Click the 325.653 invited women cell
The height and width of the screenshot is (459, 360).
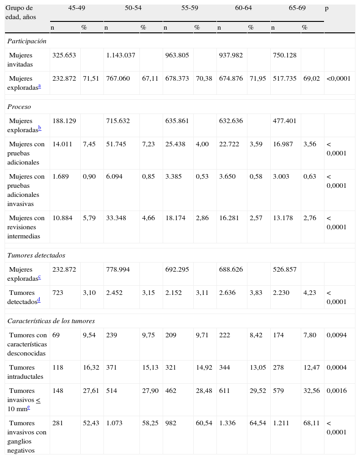coord(64,55)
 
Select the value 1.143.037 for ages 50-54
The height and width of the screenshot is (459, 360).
coord(121,55)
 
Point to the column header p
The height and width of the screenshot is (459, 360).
coord(327,8)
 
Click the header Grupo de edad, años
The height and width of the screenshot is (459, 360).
coord(19,12)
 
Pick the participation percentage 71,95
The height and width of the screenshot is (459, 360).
coord(257,78)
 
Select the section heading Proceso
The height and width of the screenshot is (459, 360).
coord(19,107)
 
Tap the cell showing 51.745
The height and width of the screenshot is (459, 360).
coord(116,144)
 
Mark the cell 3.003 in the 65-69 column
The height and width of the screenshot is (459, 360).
coord(282,176)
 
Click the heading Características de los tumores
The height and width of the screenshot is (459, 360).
coord(51,321)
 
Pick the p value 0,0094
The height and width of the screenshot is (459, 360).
coord(337,335)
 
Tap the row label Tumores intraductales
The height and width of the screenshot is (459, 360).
coord(27,371)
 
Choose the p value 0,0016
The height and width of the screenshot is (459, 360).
coord(337,391)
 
